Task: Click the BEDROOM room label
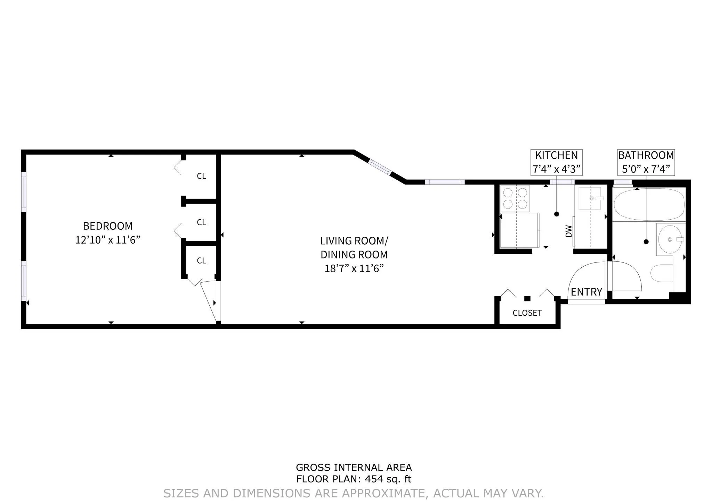[108, 226]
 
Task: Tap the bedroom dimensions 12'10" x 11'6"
[108, 240]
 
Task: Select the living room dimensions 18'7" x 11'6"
[354, 269]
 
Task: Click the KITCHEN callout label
[556, 155]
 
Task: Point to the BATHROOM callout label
[646, 155]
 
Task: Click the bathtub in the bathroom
[649, 204]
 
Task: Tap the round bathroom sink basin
[670, 239]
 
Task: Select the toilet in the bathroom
[662, 274]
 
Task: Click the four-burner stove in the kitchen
[515, 198]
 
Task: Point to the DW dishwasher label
[569, 231]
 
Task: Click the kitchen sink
[590, 198]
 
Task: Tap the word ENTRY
[586, 292]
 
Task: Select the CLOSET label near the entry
[527, 313]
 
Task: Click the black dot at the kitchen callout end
[557, 214]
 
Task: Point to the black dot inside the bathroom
[646, 242]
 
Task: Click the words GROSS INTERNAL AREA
[354, 467]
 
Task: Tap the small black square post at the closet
[527, 298]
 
